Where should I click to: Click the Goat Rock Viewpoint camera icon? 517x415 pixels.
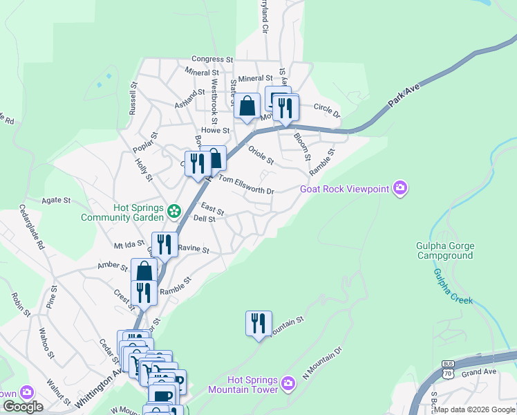click(x=399, y=188)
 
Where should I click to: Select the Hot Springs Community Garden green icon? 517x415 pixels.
click(x=174, y=209)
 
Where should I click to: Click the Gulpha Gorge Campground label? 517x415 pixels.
click(x=444, y=250)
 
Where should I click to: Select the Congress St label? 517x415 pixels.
click(x=208, y=59)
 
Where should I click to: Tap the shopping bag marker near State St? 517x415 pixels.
click(x=247, y=107)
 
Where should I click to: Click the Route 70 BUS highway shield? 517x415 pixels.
click(x=448, y=370)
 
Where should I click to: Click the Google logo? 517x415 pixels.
click(x=23, y=407)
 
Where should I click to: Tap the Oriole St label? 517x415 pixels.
click(x=261, y=155)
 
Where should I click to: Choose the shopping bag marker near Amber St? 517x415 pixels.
click(x=143, y=270)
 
